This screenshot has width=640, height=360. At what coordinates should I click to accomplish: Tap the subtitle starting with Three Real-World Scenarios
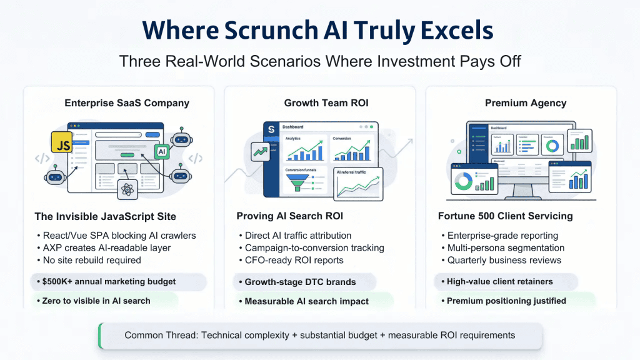tap(319, 61)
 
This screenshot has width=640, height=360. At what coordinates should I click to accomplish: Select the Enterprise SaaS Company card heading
tap(127, 103)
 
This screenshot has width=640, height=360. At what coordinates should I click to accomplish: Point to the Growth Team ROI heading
tap(319, 103)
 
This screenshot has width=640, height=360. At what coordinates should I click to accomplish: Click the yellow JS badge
tap(63, 144)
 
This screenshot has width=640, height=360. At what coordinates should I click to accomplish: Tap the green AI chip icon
tap(161, 151)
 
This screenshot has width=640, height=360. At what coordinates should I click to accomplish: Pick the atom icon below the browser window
tap(129, 188)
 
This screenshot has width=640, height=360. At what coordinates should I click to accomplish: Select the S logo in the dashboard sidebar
tap(271, 129)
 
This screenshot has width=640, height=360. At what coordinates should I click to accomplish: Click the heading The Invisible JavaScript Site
tap(105, 217)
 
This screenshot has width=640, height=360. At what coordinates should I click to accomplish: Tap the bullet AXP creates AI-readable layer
tap(106, 248)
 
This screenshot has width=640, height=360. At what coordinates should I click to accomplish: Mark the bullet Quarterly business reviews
tap(504, 261)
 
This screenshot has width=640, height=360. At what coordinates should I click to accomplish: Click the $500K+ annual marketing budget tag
tap(109, 282)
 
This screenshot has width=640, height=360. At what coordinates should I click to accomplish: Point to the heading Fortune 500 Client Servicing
tap(505, 217)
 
